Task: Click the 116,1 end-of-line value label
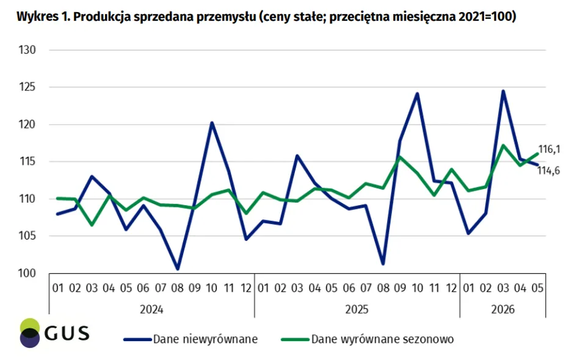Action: coord(549,149)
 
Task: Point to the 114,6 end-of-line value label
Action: coord(549,171)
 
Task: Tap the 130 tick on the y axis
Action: coord(27,50)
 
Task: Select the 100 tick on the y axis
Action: coord(27,273)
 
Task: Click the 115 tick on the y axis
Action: coord(27,162)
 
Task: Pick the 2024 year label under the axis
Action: coord(151,309)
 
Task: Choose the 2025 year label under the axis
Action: coord(357,309)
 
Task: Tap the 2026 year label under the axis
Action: coord(503,309)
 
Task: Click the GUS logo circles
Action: coord(29,333)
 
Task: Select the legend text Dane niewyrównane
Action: coord(205,339)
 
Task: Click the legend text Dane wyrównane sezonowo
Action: coord(383,339)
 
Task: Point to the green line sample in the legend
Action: coord(295,339)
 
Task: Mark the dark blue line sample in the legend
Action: coord(137,339)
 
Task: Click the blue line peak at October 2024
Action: coord(212,123)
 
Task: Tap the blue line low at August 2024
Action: coord(177,268)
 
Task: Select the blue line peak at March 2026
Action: coord(503,91)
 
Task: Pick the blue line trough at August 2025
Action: coord(383,264)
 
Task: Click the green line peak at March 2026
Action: coord(503,145)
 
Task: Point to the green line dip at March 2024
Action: coord(92,225)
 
